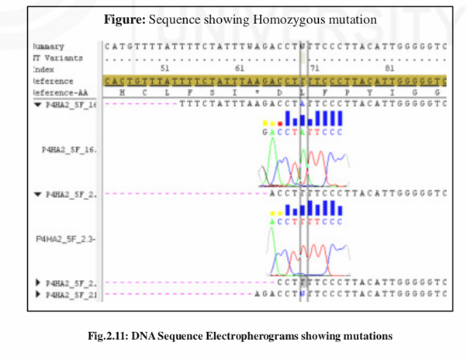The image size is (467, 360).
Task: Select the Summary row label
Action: coord(49,47)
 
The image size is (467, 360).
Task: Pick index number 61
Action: coord(238,68)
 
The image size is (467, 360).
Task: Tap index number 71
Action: coord(314,68)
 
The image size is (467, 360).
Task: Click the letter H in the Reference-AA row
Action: coord(122,91)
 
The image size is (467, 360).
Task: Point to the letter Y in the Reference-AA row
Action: coord(368,91)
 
